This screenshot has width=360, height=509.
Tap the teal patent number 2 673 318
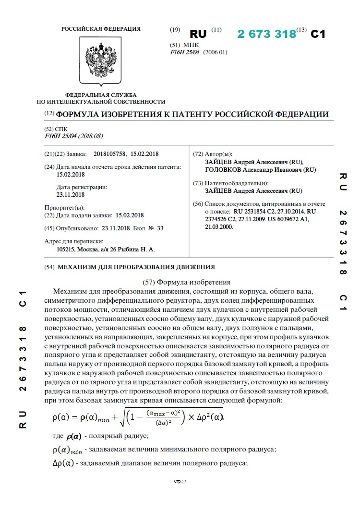tap(266, 34)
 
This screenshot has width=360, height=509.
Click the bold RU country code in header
tap(198, 34)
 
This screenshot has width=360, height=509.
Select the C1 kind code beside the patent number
tap(318, 34)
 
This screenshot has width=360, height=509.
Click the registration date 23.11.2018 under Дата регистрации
tap(71, 195)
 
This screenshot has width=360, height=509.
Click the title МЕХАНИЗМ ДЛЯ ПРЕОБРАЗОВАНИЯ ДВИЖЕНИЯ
tap(136, 267)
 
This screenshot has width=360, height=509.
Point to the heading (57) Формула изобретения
tap(187, 282)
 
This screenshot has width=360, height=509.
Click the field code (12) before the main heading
tap(49, 114)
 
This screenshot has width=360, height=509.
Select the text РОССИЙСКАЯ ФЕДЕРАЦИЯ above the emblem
tap(101, 29)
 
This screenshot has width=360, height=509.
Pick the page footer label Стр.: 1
tap(180, 481)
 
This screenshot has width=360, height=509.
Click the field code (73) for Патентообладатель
tap(198, 183)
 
